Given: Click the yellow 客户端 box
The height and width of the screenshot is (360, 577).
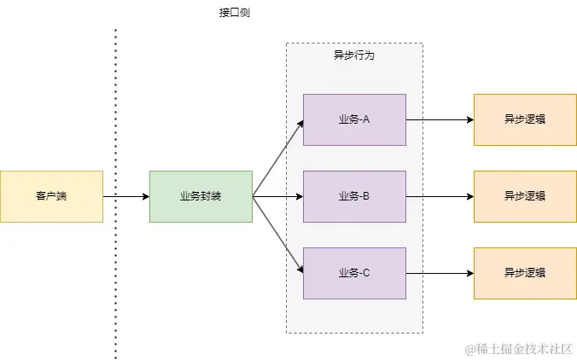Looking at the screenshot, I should click(51, 196).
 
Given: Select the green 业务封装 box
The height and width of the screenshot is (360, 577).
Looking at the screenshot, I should click(201, 196).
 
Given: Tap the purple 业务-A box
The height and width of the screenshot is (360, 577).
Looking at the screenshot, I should click(354, 119).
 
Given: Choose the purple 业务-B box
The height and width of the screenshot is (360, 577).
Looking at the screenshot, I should click(354, 196).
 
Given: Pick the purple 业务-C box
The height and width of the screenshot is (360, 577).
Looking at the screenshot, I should click(354, 273).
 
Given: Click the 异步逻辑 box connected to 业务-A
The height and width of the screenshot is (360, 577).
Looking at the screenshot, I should click(525, 119).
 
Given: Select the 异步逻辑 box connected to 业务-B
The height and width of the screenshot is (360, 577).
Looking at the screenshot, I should click(525, 196).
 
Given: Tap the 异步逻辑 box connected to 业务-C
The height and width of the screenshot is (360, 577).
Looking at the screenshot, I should click(525, 273).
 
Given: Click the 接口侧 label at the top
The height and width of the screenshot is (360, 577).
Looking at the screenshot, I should click(235, 14).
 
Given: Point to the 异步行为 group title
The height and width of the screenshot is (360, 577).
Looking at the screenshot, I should click(353, 55).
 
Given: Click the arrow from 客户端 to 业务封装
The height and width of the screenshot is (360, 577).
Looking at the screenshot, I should click(126, 197).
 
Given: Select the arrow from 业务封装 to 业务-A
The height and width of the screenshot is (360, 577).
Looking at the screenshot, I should click(278, 158).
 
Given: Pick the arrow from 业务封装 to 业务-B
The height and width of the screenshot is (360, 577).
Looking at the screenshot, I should click(278, 197).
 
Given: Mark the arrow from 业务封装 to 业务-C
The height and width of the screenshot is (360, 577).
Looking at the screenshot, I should click(278, 235).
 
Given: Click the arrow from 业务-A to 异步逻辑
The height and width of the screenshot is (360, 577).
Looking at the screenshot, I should click(440, 120).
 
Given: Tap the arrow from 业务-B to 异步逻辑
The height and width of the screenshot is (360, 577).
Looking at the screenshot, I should click(440, 197).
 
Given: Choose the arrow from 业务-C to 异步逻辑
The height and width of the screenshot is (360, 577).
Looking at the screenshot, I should click(440, 274).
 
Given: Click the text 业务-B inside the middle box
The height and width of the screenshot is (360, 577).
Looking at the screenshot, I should click(354, 196).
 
